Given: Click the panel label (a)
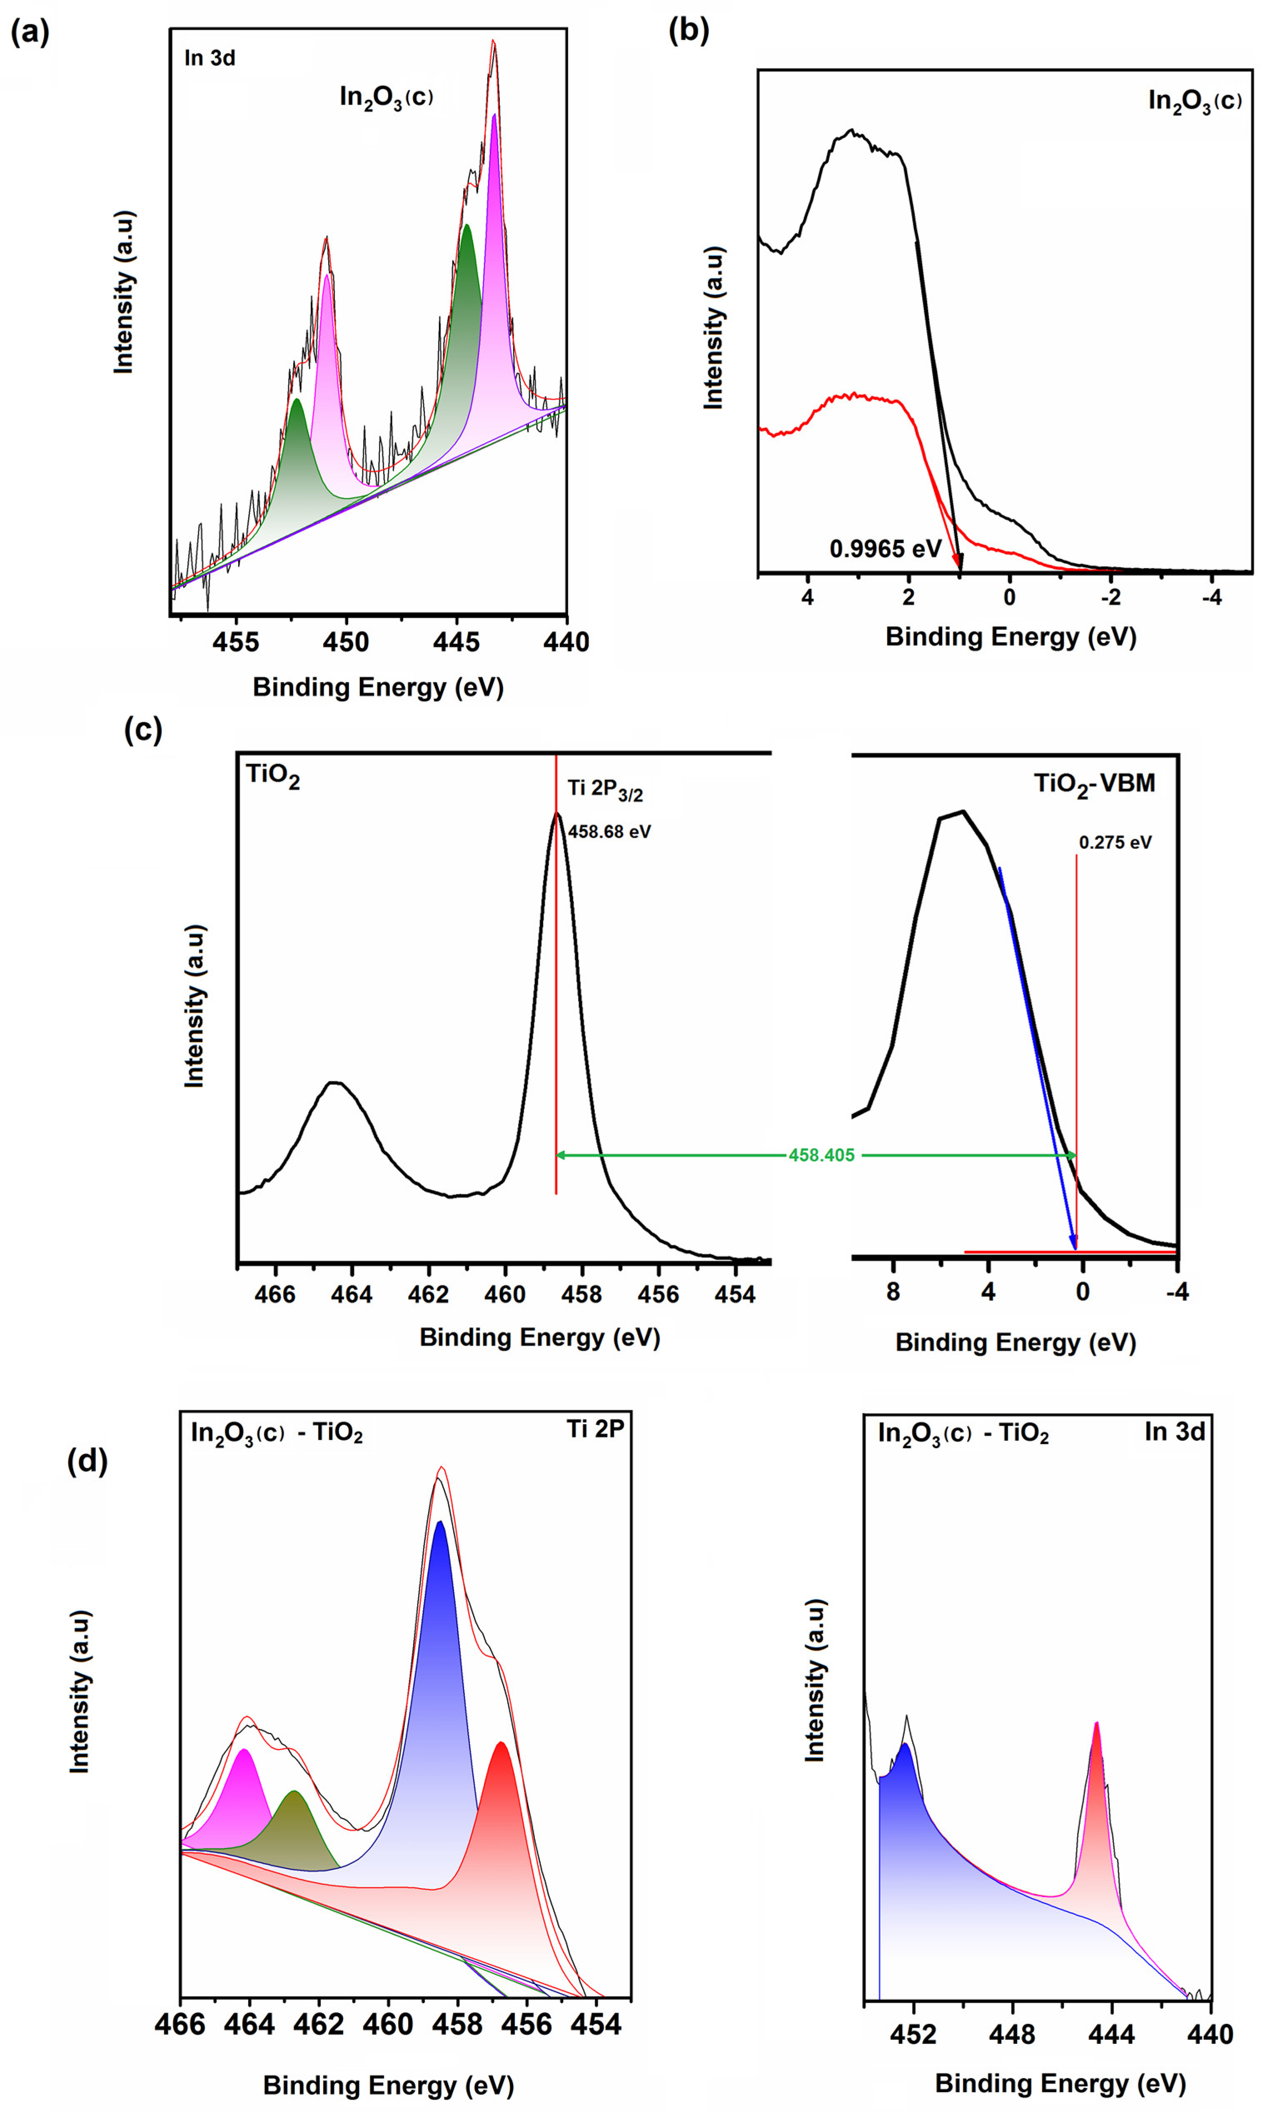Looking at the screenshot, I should point(30,32).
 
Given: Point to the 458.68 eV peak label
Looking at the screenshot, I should point(609,831).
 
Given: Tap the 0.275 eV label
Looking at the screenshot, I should point(1115,842).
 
